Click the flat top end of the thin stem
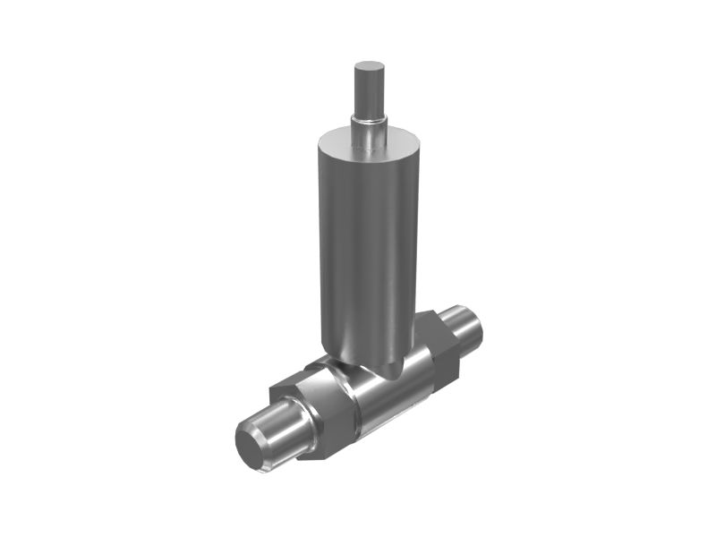coord(369,67)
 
